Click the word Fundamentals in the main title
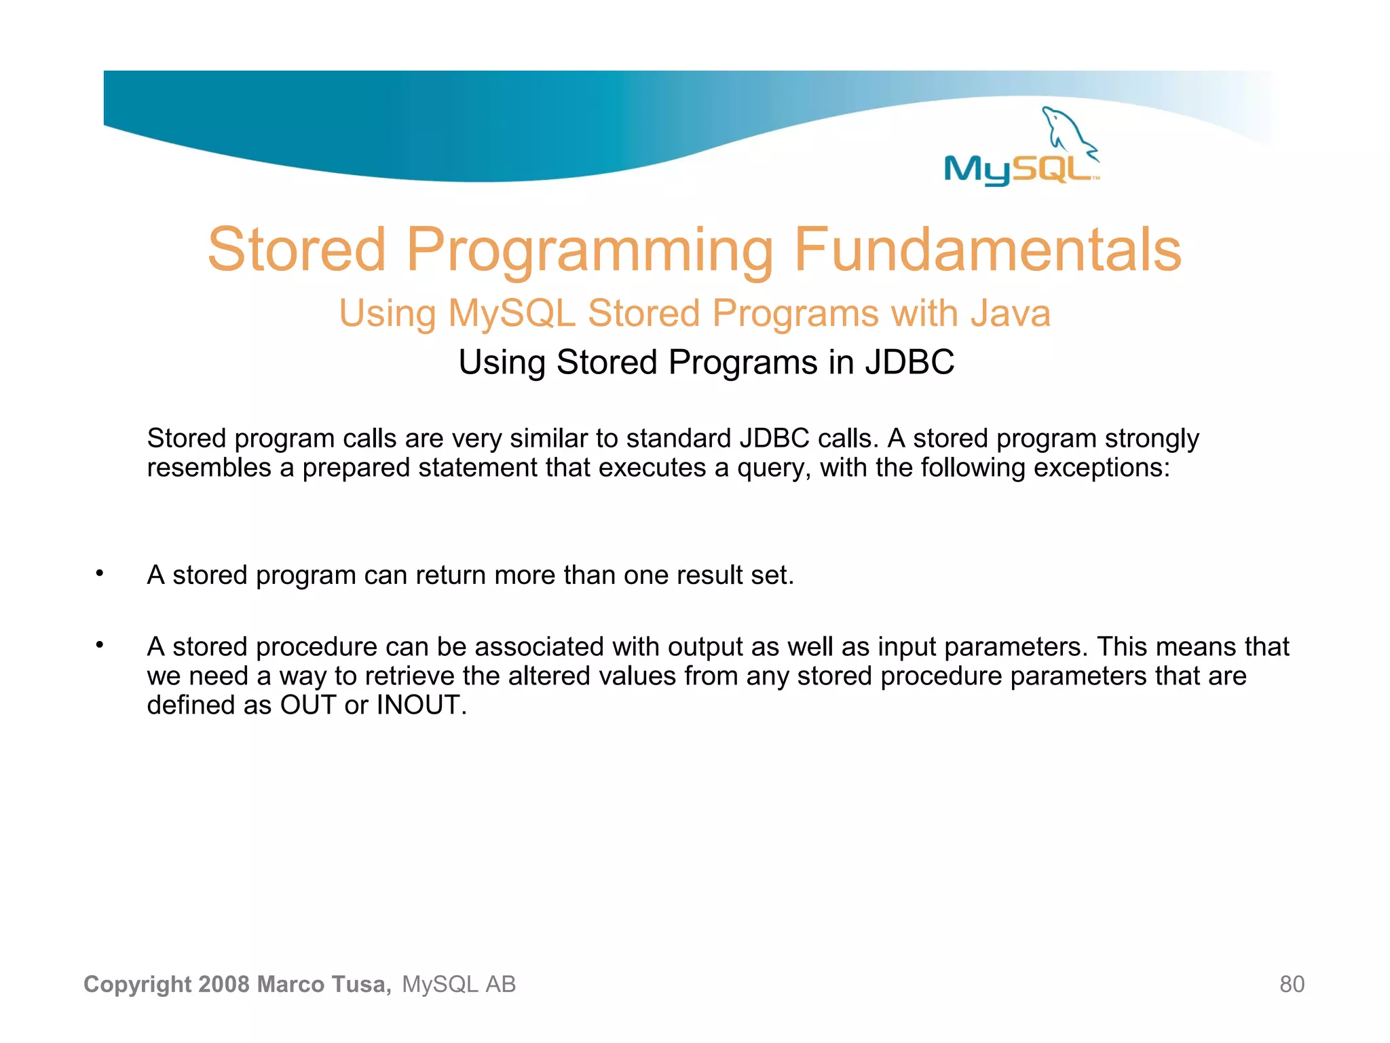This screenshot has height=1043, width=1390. click(x=988, y=249)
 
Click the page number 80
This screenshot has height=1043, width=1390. click(x=1292, y=984)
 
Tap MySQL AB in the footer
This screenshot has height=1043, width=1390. click(x=459, y=984)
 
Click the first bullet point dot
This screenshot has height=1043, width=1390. click(x=99, y=573)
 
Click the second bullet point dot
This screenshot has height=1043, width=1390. click(x=99, y=644)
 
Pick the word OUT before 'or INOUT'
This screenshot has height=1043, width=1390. click(x=307, y=706)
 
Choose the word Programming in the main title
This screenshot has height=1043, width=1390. click(x=590, y=249)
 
